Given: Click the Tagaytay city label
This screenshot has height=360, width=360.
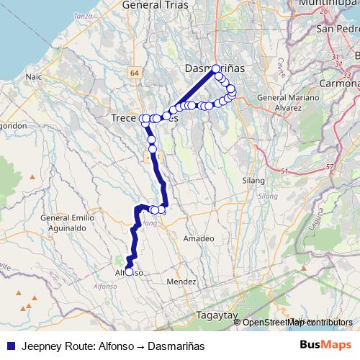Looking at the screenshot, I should click(217, 315).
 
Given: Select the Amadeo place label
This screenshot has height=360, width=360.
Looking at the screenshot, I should click(199, 238).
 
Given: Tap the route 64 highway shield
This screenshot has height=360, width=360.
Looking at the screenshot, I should click(135, 73).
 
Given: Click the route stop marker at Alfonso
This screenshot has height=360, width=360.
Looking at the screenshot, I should click(129, 271).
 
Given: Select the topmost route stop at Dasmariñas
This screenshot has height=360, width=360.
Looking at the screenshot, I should click(216, 69).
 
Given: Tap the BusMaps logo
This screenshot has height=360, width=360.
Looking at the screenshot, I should click(326, 345).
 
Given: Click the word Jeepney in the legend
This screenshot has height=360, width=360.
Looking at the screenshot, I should click(40, 346).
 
